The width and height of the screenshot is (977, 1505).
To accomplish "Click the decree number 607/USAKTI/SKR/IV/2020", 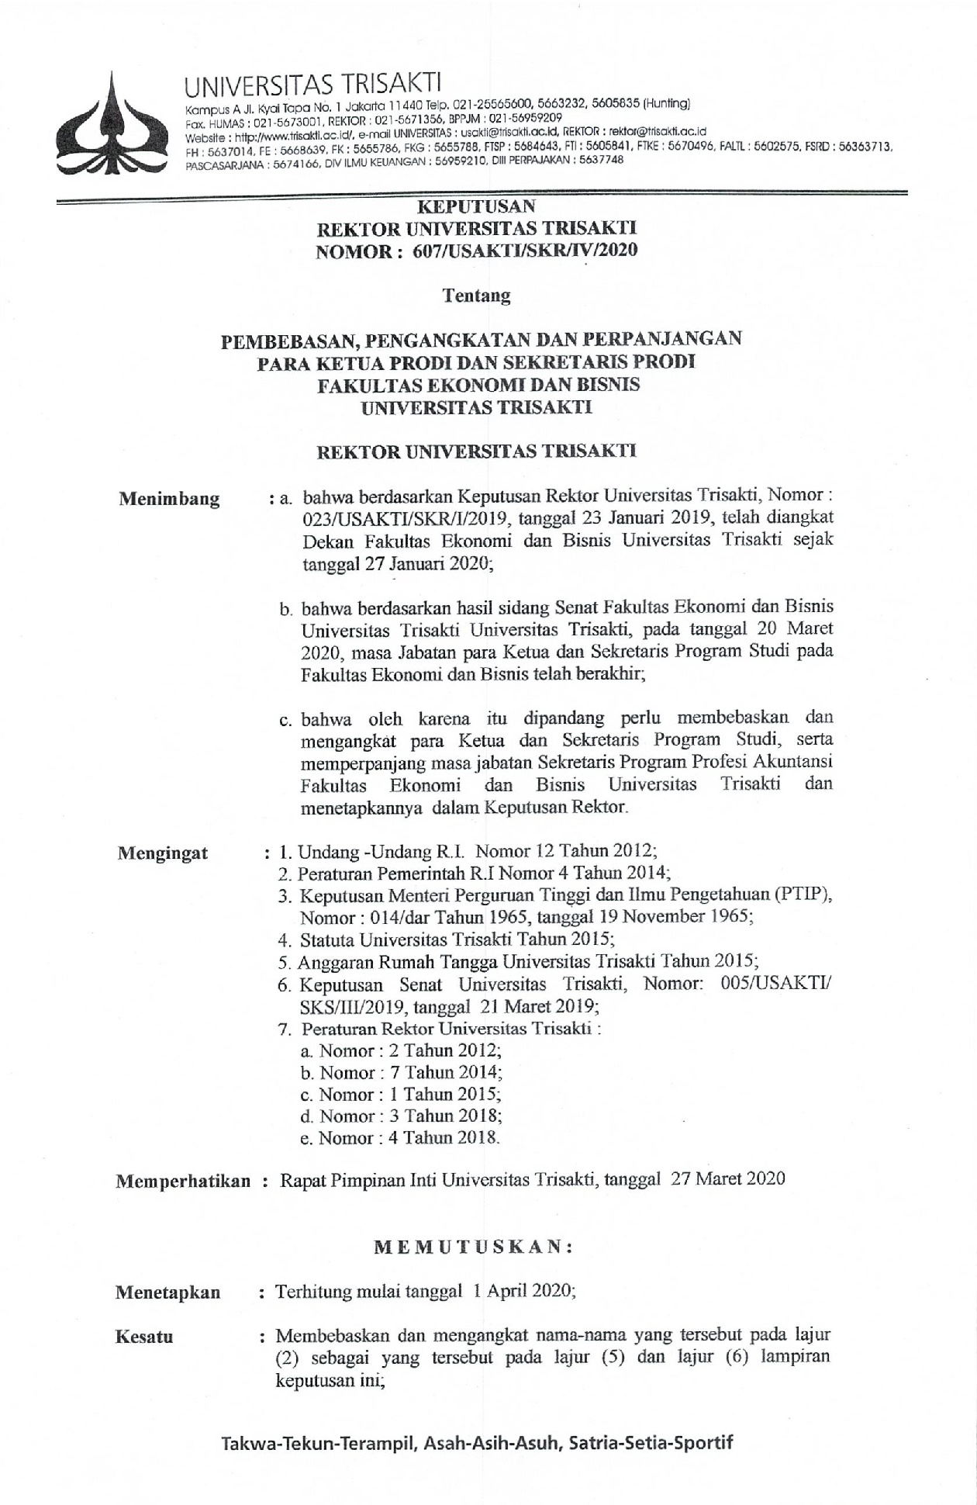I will (554, 250).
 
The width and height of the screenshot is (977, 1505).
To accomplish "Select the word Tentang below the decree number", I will (476, 295).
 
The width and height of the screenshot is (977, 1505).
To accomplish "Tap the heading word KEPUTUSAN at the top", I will (476, 206).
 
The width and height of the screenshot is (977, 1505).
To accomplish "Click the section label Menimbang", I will (169, 499).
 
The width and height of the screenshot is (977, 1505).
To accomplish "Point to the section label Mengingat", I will (163, 854).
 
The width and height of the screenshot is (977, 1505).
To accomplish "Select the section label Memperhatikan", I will (183, 1181).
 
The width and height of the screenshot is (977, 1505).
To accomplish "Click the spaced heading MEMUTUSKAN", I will (474, 1247).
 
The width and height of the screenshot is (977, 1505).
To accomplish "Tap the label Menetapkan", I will (167, 1292).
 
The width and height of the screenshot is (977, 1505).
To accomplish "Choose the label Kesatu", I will (144, 1337).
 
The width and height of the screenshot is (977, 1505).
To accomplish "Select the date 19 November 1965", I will (678, 916).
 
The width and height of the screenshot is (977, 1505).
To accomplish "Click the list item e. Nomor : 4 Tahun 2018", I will (399, 1138).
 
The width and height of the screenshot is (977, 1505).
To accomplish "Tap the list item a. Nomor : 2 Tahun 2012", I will (400, 1050).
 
